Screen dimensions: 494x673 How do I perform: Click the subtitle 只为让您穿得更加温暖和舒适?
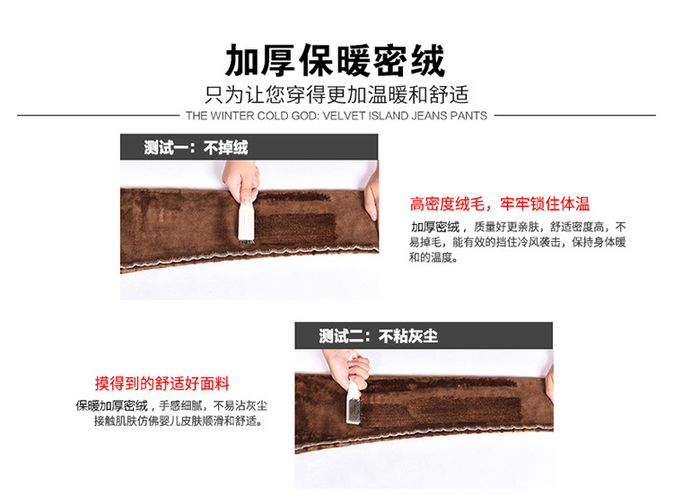(x=336, y=94)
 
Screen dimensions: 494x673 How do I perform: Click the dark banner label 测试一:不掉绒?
(x=196, y=148)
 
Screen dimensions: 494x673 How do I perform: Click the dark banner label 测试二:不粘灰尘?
(x=378, y=336)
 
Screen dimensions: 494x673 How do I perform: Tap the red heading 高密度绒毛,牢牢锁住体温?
(x=500, y=204)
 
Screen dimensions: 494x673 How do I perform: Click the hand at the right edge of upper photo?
(x=371, y=193)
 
